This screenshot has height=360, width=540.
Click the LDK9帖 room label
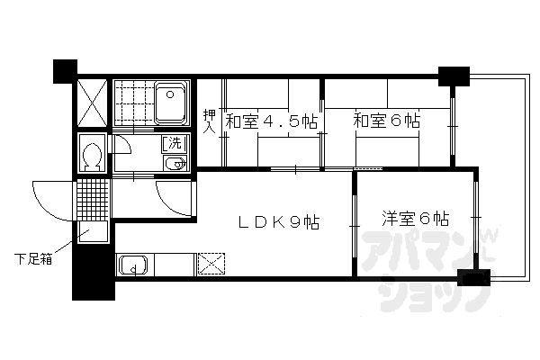pos(279,222)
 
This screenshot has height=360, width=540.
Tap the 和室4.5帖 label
pos(271,121)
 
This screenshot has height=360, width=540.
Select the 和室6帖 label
pos(387,121)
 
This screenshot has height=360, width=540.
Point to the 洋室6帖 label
pos(416,218)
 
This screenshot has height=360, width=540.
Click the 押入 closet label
pos(209,121)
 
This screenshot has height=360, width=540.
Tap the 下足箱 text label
pos(33,258)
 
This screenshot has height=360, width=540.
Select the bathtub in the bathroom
pos(171,103)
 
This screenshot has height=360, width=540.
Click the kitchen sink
pos(133,265)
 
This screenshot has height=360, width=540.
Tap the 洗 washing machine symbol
pos(175,144)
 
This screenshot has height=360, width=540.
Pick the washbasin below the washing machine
pos(175,163)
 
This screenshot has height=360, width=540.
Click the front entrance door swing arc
pos(52,201)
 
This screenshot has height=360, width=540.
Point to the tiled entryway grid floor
pos(93,200)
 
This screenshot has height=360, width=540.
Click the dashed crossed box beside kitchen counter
pos(211,264)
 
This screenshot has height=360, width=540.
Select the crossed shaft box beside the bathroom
pos(92,103)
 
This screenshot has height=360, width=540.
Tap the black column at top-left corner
pos(65,71)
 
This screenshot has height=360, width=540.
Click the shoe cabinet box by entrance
pos(93,232)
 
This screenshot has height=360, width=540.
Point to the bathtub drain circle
pos(170,94)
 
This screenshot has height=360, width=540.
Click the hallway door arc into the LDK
pos(174,198)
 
